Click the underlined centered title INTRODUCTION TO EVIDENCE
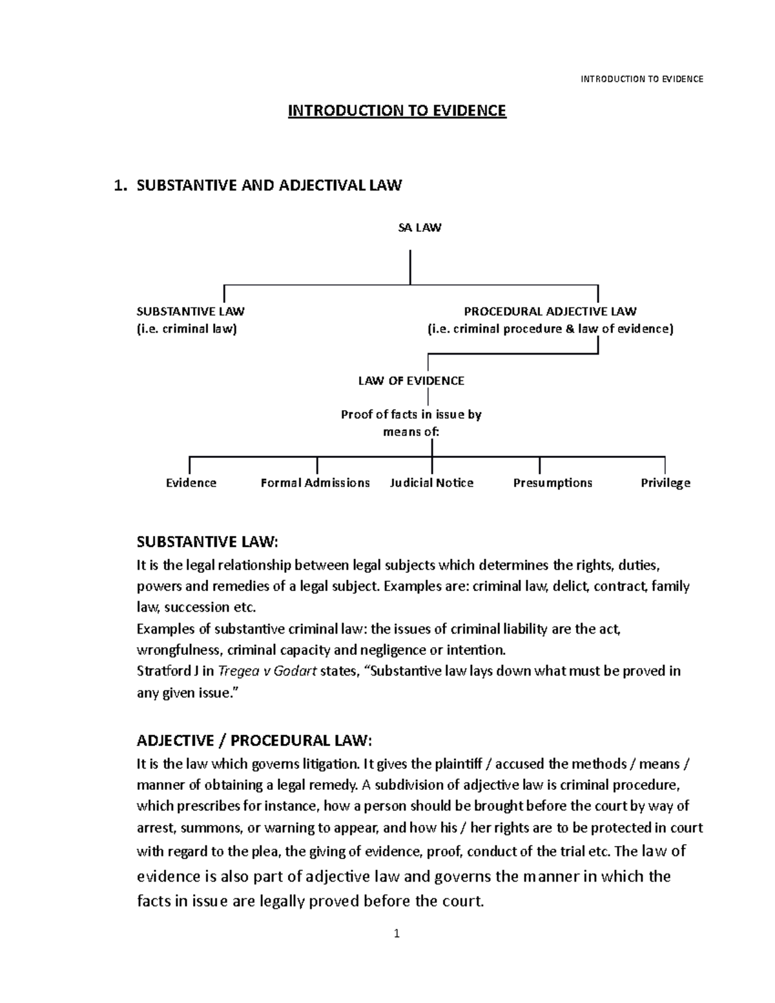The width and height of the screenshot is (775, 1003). (397, 111)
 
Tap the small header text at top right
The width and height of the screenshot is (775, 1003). (641, 79)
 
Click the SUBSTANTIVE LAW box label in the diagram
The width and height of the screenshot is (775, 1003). (191, 311)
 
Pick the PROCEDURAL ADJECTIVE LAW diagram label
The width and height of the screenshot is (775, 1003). (550, 311)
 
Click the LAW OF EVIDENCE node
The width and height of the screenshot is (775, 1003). (411, 380)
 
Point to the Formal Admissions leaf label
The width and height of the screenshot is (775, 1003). (315, 482)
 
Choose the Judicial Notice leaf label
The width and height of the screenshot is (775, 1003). (431, 482)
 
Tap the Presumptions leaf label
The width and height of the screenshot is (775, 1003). (552, 482)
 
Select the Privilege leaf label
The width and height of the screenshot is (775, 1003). (665, 482)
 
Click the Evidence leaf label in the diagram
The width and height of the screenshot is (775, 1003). (191, 482)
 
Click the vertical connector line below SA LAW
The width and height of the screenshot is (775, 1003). (410, 267)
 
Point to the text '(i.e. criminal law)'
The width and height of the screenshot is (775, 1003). (187, 329)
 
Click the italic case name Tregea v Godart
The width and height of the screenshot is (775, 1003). (267, 671)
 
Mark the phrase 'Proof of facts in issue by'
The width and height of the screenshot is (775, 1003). (411, 414)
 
